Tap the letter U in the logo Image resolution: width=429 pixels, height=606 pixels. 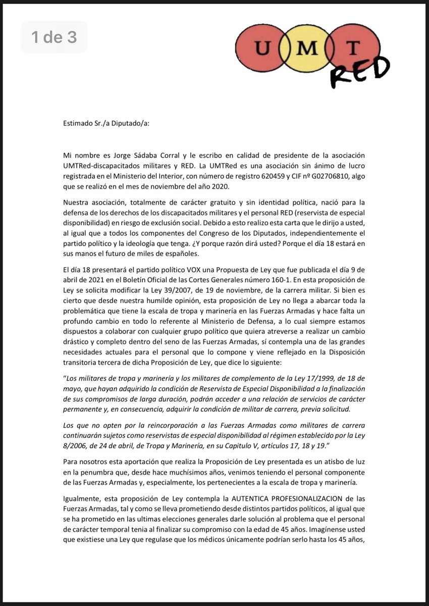263,49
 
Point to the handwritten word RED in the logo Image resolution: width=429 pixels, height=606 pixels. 359,71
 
